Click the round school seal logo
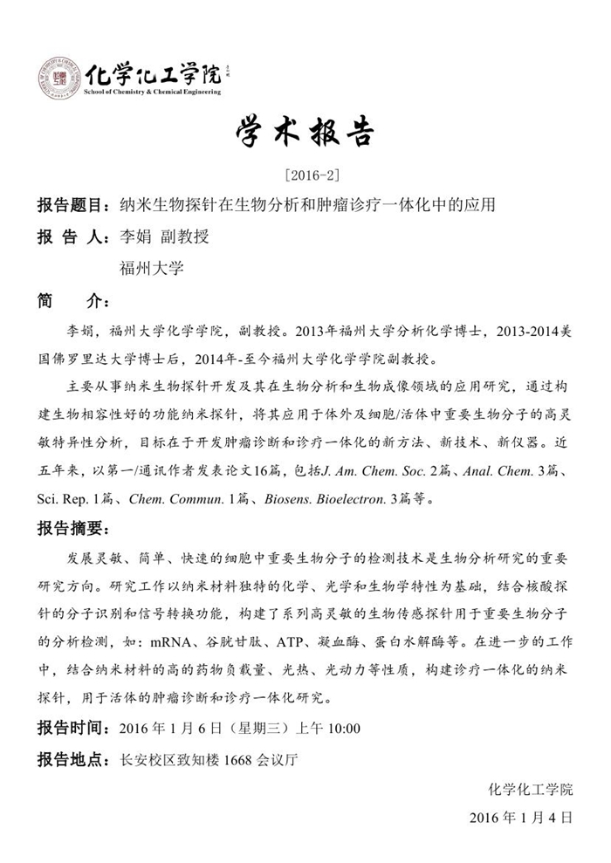pyautogui.click(x=58, y=79)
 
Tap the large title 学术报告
pyautogui.click(x=305, y=134)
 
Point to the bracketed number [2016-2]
pyautogui.click(x=305, y=175)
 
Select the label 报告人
pyautogui.click(x=71, y=238)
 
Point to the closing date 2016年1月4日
pyautogui.click(x=520, y=818)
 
